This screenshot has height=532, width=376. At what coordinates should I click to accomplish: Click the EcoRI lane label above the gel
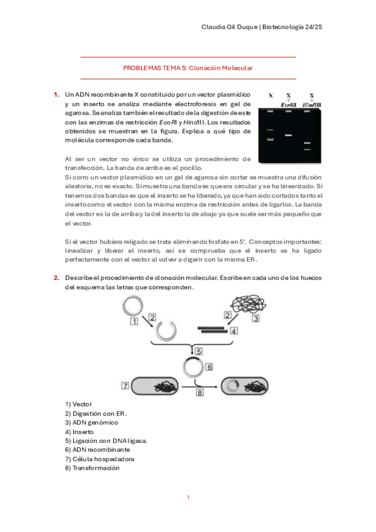point(289,104)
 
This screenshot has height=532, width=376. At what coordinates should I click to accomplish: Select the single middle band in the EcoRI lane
point(289,135)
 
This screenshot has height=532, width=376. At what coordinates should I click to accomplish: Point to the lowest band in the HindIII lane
point(308,149)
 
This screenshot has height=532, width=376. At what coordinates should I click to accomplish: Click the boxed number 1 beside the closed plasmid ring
point(134,321)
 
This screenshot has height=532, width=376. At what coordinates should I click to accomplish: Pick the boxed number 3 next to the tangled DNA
point(255,319)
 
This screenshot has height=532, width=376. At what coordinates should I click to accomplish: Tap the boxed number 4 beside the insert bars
point(234,331)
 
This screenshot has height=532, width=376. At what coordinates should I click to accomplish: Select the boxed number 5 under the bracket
point(198,351)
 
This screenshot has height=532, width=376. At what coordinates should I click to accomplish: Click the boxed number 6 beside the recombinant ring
point(210,367)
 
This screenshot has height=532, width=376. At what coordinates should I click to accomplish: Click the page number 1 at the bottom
point(188,497)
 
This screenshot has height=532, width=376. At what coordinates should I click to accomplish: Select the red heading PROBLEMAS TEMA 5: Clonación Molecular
point(188,67)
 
